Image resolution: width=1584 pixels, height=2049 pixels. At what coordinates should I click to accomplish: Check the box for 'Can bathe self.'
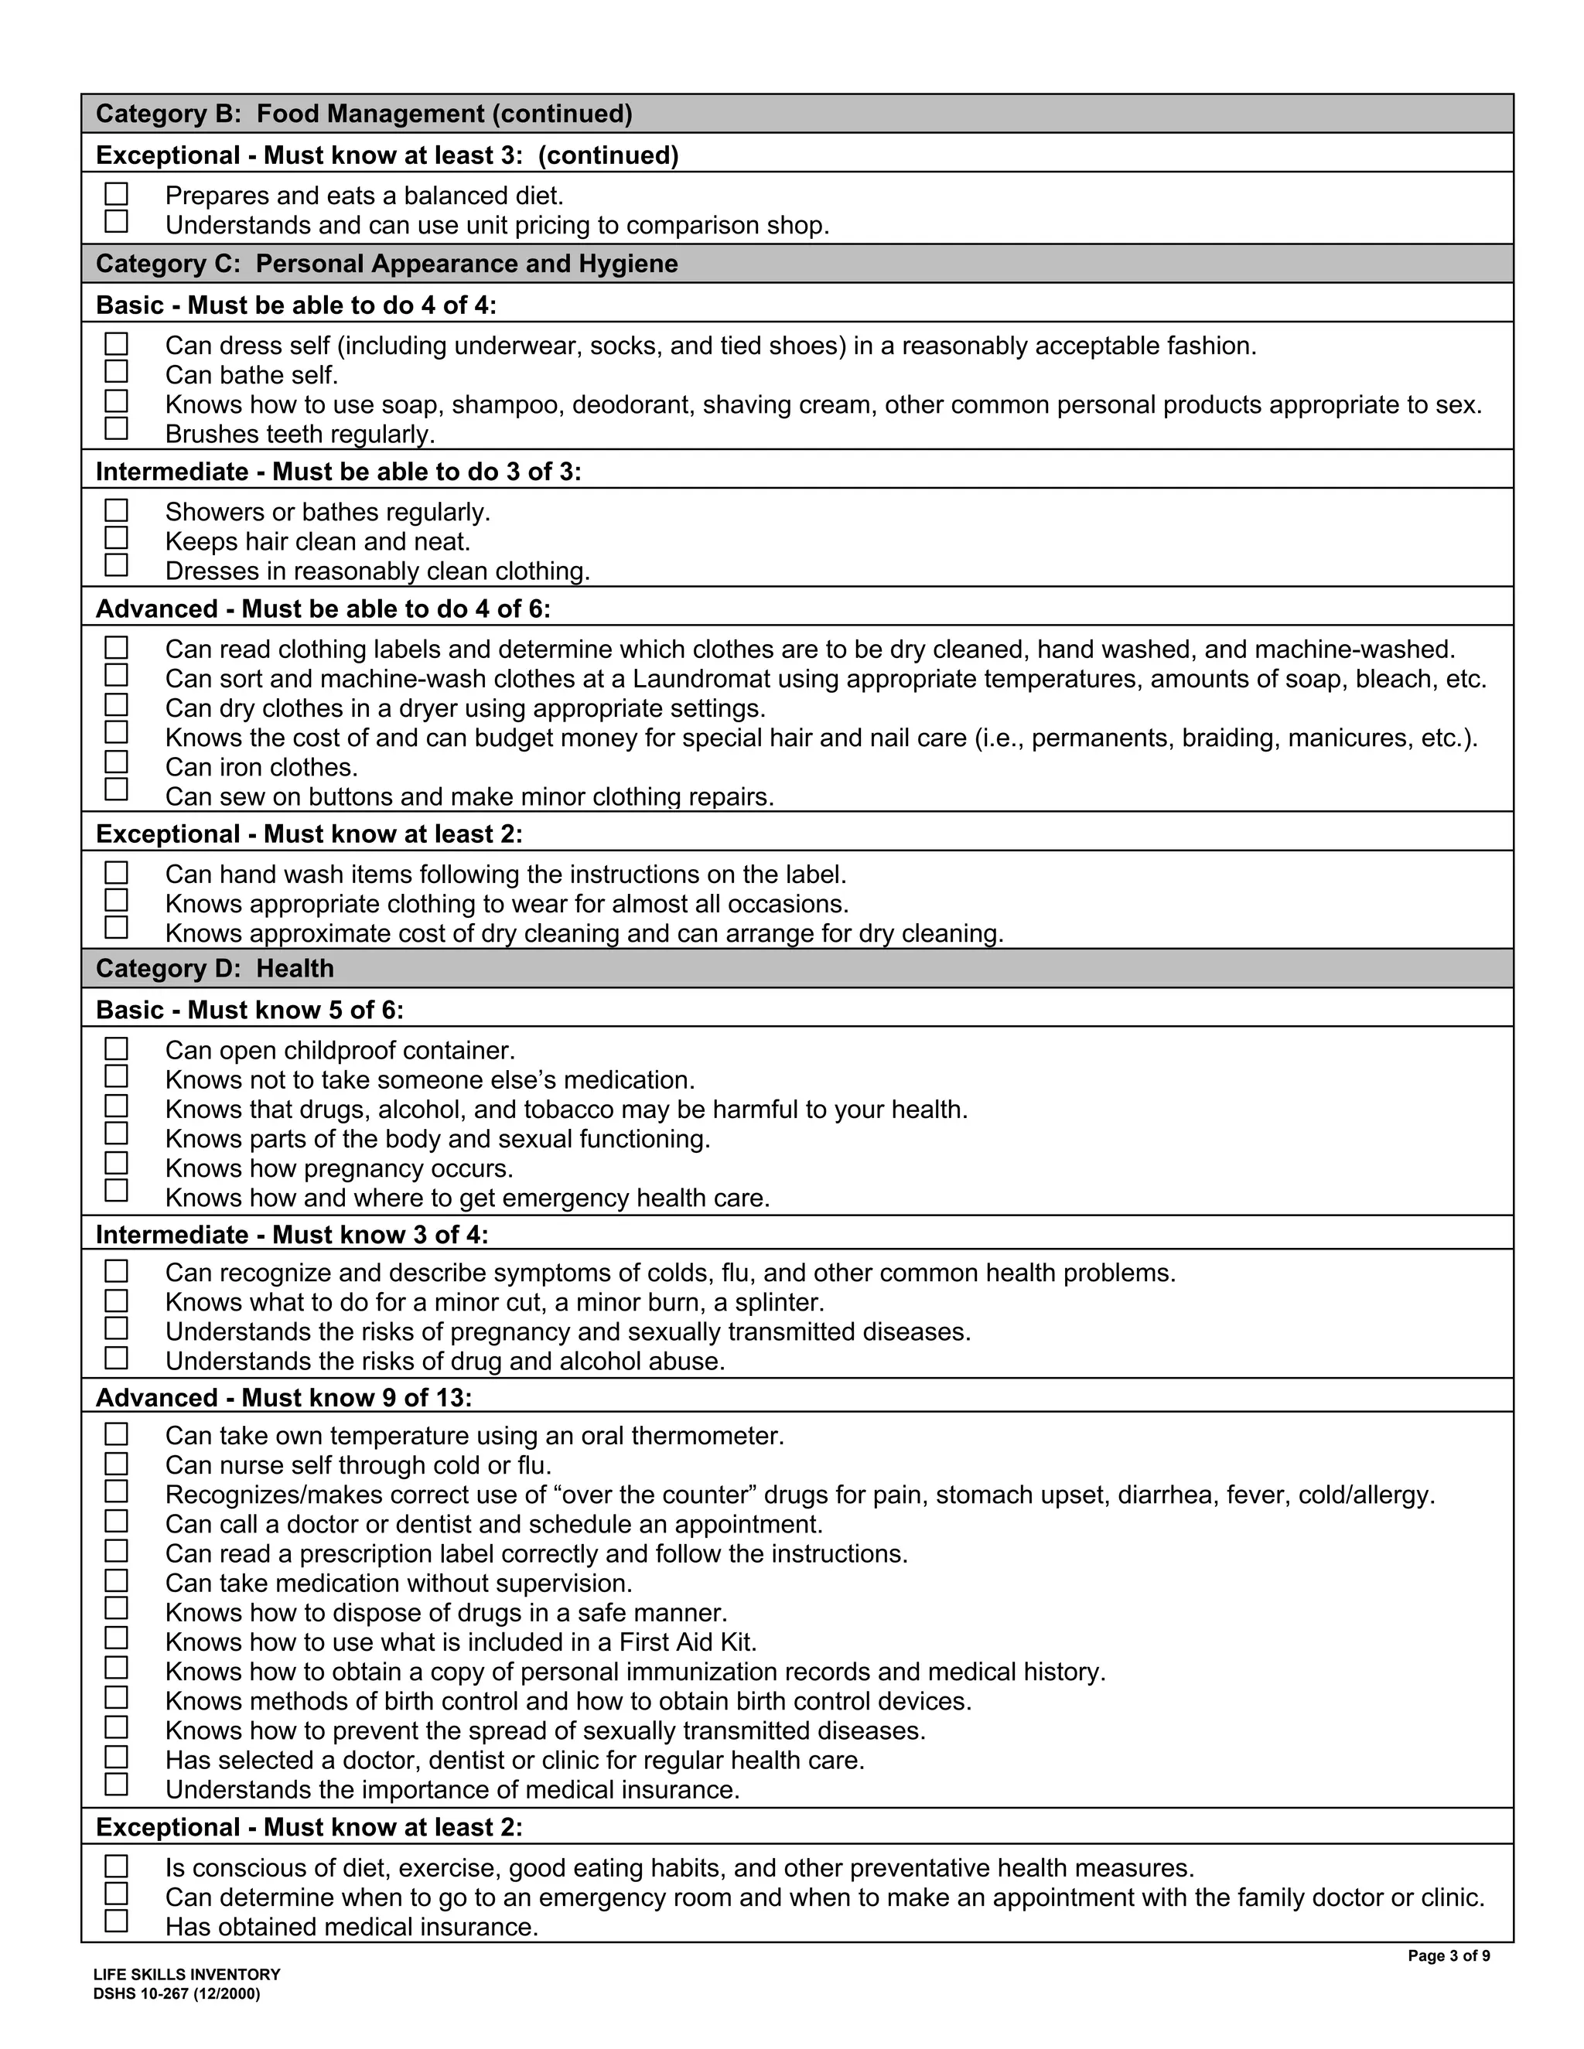[x=116, y=373]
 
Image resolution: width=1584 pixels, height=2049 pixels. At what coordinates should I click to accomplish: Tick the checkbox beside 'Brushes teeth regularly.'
[x=116, y=429]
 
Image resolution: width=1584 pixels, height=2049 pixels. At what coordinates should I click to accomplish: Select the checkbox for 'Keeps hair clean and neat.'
[x=116, y=538]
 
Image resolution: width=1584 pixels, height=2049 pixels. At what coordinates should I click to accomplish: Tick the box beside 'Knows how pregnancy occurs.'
[x=116, y=1164]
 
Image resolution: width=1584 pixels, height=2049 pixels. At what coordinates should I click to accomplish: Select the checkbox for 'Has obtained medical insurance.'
[x=116, y=1921]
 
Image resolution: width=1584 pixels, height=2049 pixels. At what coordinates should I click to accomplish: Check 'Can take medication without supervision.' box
[x=116, y=1581]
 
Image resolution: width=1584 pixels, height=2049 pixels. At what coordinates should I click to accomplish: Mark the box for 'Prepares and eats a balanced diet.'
[x=116, y=194]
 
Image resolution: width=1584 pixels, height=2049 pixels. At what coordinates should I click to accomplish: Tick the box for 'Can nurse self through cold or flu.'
[x=116, y=1464]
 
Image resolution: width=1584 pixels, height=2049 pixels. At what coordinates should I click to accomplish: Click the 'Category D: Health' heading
[x=215, y=968]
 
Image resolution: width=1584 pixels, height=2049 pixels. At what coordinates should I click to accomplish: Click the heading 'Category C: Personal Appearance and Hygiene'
[x=387, y=264]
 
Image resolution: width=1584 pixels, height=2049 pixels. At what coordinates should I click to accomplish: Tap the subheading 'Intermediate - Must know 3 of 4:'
[x=292, y=1235]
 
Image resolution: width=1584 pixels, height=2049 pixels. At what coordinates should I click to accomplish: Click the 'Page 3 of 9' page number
[x=1449, y=1956]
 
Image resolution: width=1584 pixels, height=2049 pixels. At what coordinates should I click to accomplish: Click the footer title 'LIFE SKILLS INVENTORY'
[x=186, y=1975]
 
